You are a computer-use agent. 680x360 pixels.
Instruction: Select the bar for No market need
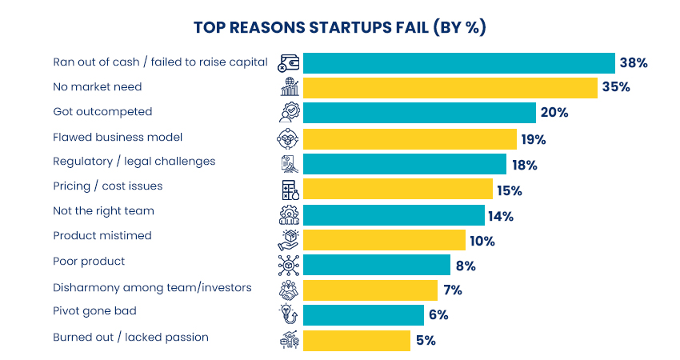[x=450, y=87]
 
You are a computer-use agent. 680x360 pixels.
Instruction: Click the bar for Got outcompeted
[x=419, y=112]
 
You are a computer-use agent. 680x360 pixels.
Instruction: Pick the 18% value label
[x=525, y=166]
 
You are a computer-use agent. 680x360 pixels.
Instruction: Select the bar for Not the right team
[x=394, y=215]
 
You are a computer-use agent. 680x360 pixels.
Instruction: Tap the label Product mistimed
[x=102, y=236]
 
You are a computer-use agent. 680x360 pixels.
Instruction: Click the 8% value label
[x=466, y=266]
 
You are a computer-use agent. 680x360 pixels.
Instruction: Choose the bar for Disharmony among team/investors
[x=370, y=290]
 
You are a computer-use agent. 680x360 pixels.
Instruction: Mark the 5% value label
[x=426, y=340]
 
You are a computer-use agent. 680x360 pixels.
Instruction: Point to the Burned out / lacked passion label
[x=130, y=337]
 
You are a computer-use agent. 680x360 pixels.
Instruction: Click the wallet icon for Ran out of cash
[x=288, y=62]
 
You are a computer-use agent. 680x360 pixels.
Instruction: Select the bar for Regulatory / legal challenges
[x=405, y=163]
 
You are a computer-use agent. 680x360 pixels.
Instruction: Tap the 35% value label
[x=617, y=87]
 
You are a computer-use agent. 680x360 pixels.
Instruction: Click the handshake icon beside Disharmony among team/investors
[x=288, y=290]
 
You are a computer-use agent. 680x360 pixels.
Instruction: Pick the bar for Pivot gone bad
[x=363, y=314]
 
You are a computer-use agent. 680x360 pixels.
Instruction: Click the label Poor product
[x=89, y=262]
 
